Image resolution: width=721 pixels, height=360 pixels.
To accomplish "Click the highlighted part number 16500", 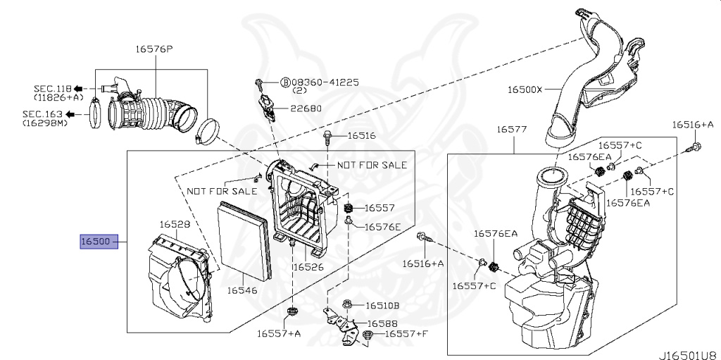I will [x=95, y=242].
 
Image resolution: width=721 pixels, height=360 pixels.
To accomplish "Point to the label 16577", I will [x=512, y=130].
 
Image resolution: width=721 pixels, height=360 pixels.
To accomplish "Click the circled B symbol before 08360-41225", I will [x=286, y=82].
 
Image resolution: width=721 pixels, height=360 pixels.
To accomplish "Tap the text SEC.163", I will [x=43, y=113].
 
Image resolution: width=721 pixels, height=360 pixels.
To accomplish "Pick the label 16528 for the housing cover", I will [x=174, y=224].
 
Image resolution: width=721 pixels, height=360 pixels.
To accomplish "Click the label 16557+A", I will [x=280, y=333].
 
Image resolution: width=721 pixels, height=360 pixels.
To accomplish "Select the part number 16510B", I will [x=382, y=306].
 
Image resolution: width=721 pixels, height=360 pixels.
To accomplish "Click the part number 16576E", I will [x=382, y=226].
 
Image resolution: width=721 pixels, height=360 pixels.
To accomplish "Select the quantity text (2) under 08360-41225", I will [x=299, y=92].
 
